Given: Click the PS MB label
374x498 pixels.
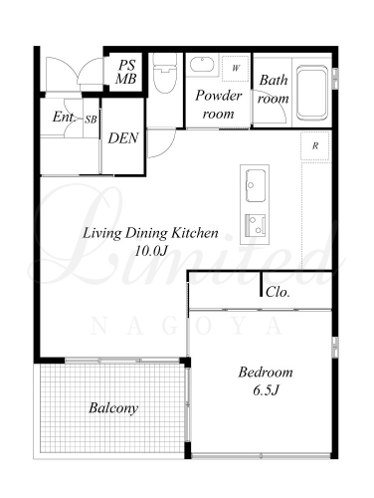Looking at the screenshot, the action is pos(126,72).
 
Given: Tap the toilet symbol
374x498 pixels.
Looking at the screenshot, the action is pos(165,73).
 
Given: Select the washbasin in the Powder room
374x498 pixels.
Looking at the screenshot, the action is pos(202,65).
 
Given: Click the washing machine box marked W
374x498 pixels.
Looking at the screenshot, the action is pos(235,69).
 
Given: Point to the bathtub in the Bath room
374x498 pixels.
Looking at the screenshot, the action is pos(312,93).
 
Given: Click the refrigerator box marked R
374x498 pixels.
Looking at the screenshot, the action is pos(315,145).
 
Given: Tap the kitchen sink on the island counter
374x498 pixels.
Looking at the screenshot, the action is pos(255,185).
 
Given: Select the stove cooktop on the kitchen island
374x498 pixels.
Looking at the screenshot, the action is pos(255,225).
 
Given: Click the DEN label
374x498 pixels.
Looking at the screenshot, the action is pos(123,138).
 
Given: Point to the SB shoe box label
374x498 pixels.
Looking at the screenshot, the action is pos(91,120).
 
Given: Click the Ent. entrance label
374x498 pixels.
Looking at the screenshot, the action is pos(64,117).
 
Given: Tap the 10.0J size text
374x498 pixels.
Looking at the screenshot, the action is pos(150,251).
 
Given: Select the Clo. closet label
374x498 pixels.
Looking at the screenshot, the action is pos(278,292).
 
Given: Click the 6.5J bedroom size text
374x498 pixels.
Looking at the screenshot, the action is pos(266,390).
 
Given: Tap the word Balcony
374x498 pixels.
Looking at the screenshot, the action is pos(113,408).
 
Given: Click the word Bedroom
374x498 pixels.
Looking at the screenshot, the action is pos(266,373).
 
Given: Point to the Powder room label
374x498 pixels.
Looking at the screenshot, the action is pos(219,105).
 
